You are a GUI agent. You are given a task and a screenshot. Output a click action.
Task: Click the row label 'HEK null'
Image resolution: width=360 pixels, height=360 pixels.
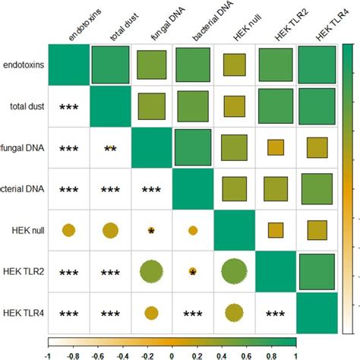tap(25, 229)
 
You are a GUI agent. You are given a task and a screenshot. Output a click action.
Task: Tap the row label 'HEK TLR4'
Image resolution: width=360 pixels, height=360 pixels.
tap(24, 312)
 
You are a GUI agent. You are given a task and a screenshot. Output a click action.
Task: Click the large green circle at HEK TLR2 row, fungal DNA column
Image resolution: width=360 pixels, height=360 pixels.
tap(152, 271)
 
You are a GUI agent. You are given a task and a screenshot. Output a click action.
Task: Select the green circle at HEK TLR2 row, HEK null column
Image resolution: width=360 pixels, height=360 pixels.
tap(235, 271)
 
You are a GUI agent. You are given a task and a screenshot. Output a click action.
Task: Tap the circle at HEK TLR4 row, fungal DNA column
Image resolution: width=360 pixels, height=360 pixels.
tap(152, 312)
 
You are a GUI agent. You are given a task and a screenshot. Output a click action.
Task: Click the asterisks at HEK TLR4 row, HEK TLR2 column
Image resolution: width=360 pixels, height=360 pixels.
tap(276, 312)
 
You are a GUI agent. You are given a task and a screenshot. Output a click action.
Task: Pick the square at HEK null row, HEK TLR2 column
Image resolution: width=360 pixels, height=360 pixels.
tap(276, 229)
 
